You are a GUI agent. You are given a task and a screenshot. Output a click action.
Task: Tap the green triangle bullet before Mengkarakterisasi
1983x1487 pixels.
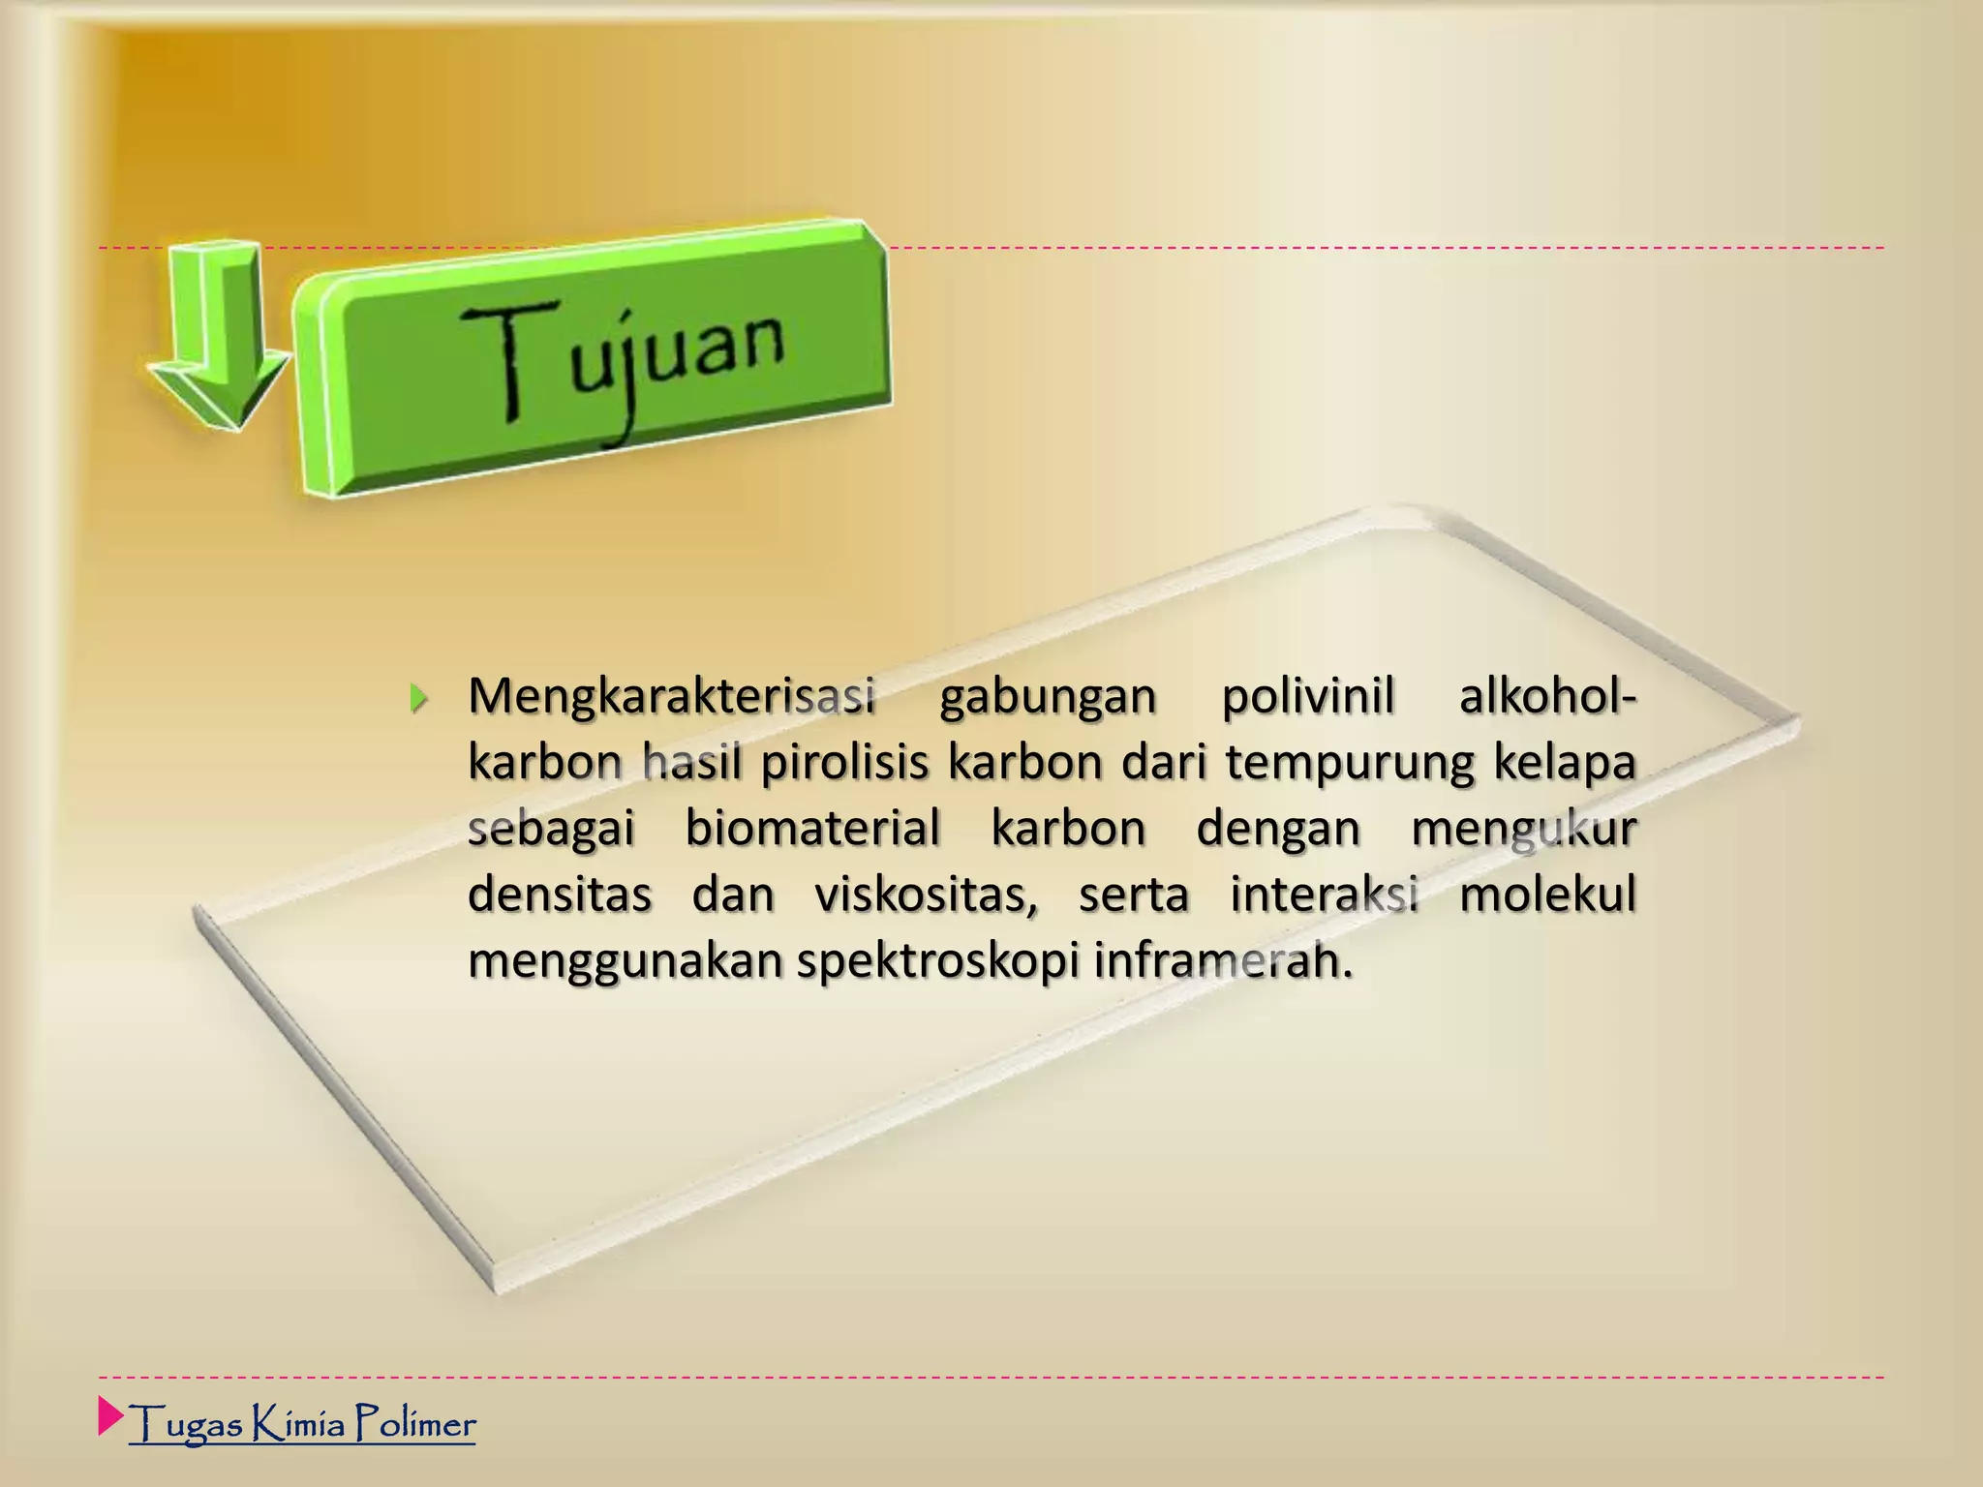pyautogui.click(x=417, y=697)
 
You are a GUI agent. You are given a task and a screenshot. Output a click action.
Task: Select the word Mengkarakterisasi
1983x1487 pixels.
pyautogui.click(x=672, y=697)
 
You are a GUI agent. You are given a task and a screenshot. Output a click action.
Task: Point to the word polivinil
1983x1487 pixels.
pyautogui.click(x=1307, y=696)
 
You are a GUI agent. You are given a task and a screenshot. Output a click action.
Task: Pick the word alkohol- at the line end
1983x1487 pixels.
pyautogui.click(x=1547, y=696)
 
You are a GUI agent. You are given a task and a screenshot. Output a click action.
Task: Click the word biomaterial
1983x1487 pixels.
pyautogui.click(x=813, y=829)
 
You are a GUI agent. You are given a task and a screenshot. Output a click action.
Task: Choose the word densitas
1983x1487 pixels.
pyautogui.click(x=560, y=895)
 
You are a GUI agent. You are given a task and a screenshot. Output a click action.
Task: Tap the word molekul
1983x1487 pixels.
pyautogui.click(x=1547, y=895)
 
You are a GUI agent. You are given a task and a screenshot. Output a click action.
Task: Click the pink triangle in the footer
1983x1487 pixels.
pyautogui.click(x=110, y=1415)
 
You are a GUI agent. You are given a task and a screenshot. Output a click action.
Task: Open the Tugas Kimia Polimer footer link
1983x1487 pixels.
pyautogui.click(x=302, y=1424)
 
